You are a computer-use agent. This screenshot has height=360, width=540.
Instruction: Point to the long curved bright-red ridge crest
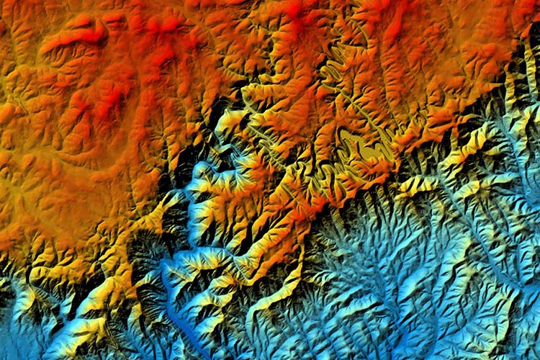click(72, 36)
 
